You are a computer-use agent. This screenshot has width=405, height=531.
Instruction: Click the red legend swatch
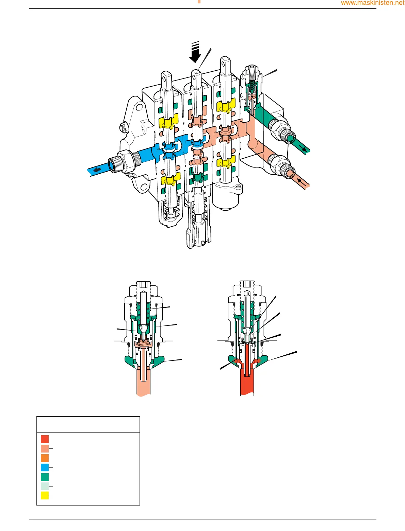tap(45, 439)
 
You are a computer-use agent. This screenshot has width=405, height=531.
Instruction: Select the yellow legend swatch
tap(45, 496)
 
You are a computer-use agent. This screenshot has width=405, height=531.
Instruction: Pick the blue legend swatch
tap(45, 467)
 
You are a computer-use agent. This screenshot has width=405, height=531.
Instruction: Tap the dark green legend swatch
tap(45, 477)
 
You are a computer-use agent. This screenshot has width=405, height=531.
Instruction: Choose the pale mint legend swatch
tap(45, 486)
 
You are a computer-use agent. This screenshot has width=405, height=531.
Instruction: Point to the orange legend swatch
tap(45, 458)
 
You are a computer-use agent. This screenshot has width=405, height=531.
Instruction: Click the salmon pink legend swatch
tap(45, 448)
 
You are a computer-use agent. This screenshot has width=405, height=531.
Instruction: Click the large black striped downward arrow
tap(195, 52)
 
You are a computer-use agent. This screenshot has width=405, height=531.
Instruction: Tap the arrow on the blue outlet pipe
tap(97, 170)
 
